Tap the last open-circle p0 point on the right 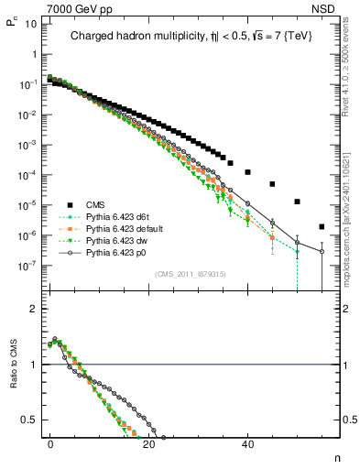322,251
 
